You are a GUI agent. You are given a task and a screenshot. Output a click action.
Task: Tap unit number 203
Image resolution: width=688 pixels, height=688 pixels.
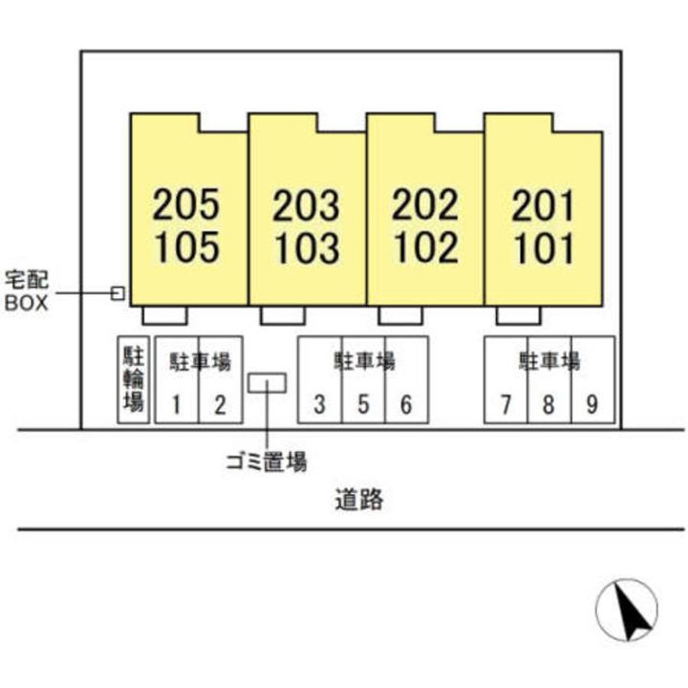pos(306,204)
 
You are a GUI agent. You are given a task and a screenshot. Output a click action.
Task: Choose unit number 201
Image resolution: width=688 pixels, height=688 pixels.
pos(543,204)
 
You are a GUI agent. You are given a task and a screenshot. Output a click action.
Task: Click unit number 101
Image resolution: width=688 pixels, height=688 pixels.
pos(543,248)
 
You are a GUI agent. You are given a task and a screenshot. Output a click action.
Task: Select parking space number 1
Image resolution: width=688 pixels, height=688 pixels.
pos(177,405)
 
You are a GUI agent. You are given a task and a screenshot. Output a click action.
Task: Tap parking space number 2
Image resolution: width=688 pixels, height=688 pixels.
pos(220,405)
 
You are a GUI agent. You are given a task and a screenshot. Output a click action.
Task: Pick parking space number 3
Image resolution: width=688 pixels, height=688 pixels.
pos(320,405)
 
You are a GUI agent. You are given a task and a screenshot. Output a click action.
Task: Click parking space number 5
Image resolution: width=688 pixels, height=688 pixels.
pos(363,405)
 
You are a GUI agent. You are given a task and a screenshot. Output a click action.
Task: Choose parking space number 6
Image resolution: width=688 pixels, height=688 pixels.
pos(406,405)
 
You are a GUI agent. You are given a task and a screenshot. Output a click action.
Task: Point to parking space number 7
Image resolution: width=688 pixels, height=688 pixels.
pos(505,405)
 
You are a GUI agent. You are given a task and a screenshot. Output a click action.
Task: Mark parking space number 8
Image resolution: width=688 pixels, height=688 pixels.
pos(548,405)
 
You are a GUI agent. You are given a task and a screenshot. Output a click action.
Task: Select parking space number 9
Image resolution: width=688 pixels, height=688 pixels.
pos(591,405)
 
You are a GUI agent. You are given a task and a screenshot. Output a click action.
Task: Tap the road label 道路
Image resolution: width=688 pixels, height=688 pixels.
pos(359,499)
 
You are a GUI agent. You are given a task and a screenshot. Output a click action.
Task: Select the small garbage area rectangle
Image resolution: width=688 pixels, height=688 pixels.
pos(266,382)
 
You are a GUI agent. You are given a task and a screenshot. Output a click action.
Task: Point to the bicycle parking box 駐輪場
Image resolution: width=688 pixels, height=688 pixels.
pos(132,379)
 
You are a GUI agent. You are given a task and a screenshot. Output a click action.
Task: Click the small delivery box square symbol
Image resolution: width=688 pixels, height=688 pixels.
pos(118,292)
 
